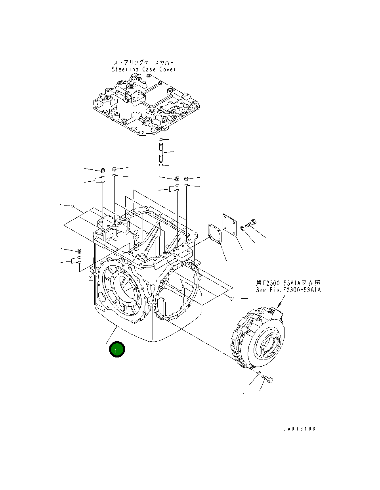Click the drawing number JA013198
300,429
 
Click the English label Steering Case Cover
143,69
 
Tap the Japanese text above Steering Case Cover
143,63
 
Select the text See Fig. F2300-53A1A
288,290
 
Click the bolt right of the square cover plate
251,223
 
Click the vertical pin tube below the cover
160,153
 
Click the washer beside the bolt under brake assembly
258,374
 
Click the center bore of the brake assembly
268,344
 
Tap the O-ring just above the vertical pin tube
160,140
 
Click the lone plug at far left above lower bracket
79,251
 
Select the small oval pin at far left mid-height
73,206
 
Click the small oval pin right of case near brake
233,299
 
